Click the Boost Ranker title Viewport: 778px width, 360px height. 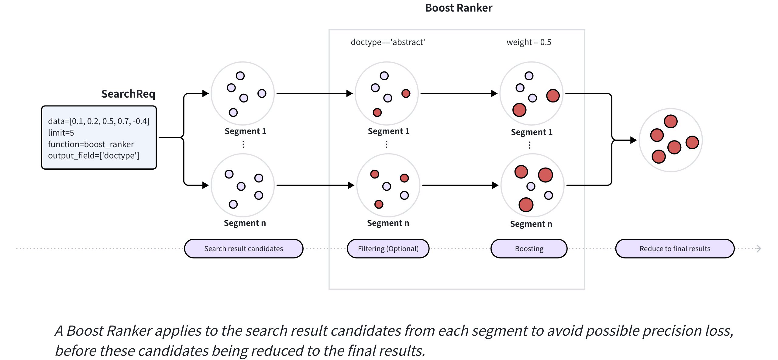point(458,8)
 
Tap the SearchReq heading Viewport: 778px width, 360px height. point(128,94)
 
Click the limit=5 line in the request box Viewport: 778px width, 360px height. point(61,133)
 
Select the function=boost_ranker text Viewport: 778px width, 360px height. point(91,144)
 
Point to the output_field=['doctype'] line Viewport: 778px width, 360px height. point(94,156)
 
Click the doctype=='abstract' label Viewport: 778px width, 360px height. point(388,42)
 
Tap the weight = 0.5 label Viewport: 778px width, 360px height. point(529,42)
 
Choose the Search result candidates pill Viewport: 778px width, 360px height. point(243,249)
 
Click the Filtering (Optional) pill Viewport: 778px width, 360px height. point(388,249)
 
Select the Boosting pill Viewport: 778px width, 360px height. point(529,249)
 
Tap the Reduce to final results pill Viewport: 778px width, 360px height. point(675,249)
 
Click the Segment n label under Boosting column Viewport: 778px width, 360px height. point(531,224)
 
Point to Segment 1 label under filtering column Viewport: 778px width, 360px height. point(388,131)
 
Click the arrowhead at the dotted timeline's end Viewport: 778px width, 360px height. point(759,249)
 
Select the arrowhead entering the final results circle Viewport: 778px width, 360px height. point(634,140)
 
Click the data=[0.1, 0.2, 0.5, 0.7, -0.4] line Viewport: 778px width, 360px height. point(98,121)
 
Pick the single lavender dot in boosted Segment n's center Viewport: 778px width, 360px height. point(531,186)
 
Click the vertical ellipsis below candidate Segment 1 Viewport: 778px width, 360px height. point(243,144)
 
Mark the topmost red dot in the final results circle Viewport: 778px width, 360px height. point(670,121)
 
